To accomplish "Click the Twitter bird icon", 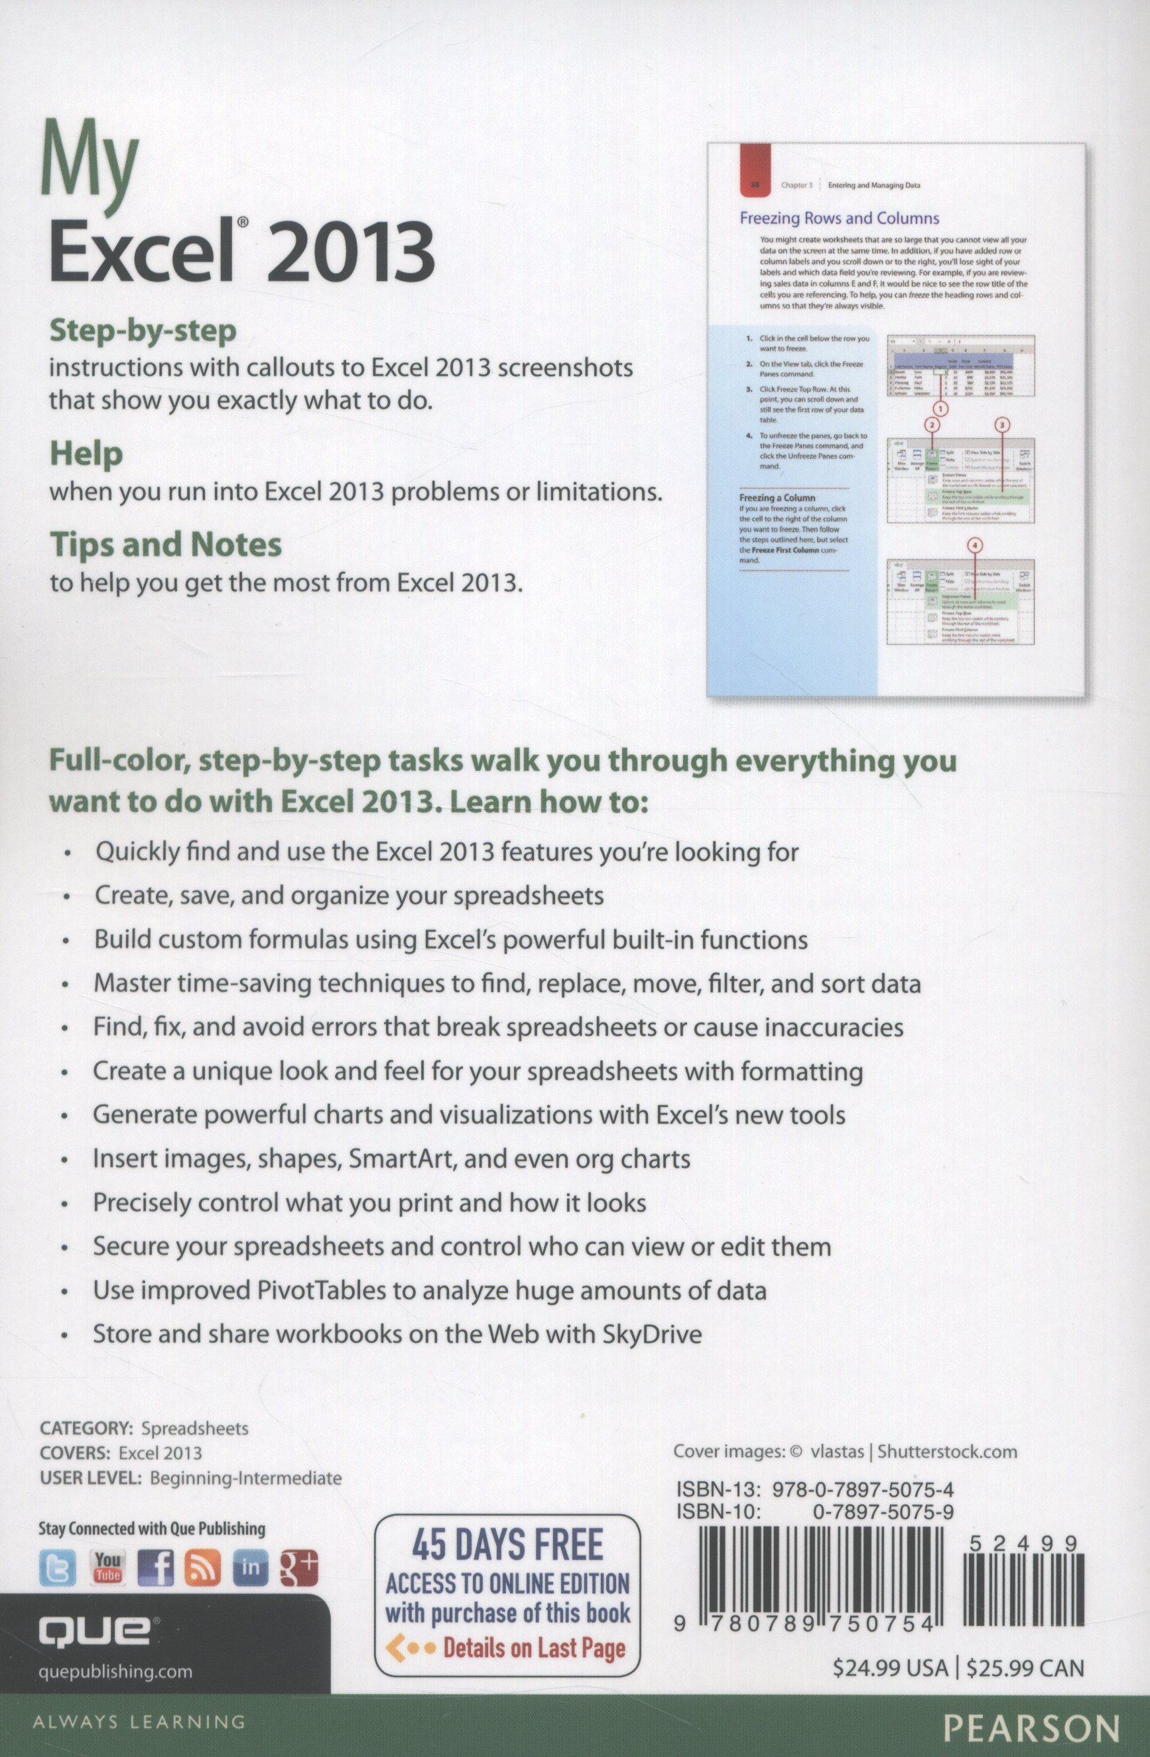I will (58, 1569).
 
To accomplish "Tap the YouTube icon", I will (106, 1568).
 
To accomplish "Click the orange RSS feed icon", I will (202, 1569).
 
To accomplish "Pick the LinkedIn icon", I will (251, 1569).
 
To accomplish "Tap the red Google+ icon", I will (298, 1569).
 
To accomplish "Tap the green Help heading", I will (86, 454).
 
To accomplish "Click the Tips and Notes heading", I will (165, 544).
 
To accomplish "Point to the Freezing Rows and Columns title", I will (839, 219).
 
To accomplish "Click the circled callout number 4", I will (975, 546).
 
